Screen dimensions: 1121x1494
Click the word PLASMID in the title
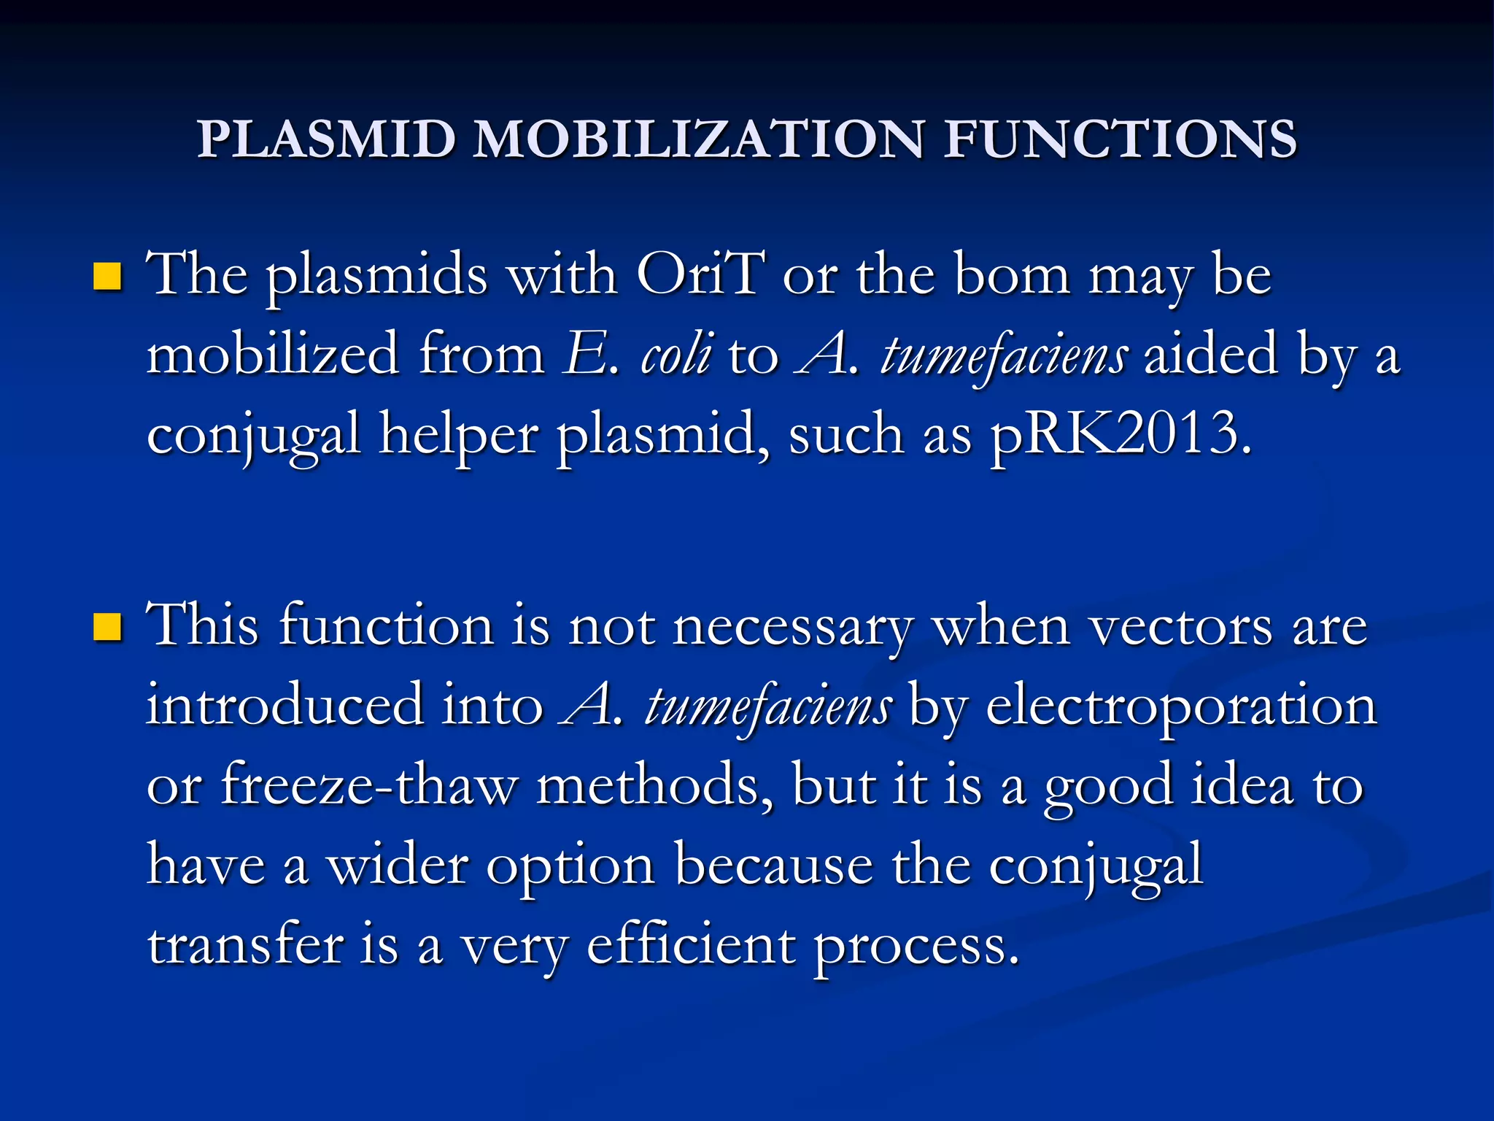pos(327,139)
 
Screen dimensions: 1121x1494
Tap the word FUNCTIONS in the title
pos(1120,139)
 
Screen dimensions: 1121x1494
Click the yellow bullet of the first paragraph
pos(107,277)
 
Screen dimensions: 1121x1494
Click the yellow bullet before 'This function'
pos(107,627)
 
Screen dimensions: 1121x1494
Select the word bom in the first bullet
pos(1012,275)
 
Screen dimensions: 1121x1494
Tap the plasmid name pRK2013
pos(1120,435)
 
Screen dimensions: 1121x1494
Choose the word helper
pos(458,435)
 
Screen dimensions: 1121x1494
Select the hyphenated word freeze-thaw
pos(369,785)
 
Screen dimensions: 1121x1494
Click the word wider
pos(397,866)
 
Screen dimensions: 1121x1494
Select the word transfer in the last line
pos(245,945)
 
